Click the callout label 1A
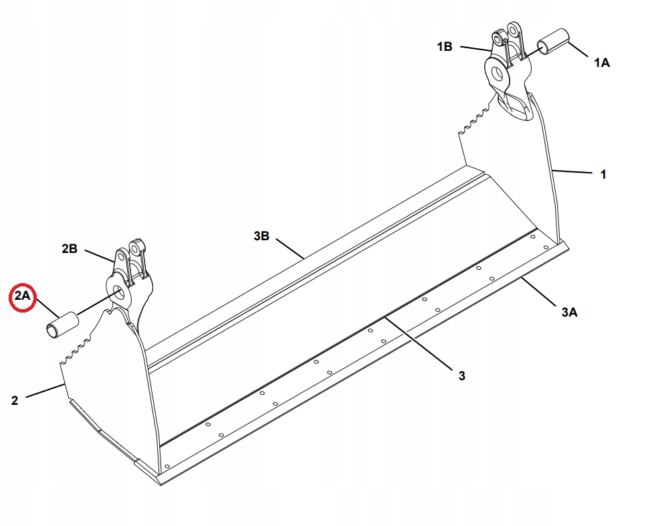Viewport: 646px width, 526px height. click(601, 63)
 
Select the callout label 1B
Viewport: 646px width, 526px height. click(445, 47)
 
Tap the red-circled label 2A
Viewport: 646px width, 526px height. click(23, 296)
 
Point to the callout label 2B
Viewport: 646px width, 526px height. click(70, 248)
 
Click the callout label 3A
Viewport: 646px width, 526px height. click(569, 312)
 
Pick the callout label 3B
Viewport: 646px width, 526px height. click(261, 236)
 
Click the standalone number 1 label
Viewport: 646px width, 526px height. click(603, 175)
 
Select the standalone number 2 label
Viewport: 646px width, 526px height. click(15, 400)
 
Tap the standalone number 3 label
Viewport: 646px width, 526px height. click(462, 375)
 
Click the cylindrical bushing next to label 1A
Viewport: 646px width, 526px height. click(553, 41)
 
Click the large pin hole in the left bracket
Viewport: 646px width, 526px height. click(119, 294)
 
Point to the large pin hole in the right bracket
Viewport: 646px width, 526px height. click(499, 74)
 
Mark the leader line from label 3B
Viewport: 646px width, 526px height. click(290, 248)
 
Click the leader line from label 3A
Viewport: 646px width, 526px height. click(538, 292)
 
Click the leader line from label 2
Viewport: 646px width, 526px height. click(45, 391)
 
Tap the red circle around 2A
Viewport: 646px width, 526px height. click(23, 298)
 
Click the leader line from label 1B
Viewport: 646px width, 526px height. click(476, 49)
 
